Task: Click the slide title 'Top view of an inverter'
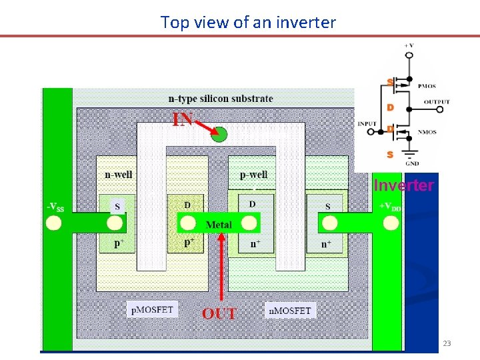point(248,23)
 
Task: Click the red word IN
point(183,119)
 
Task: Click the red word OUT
point(219,313)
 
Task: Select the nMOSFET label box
point(290,310)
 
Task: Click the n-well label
point(119,175)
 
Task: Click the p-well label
point(253,175)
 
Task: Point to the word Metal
point(219,225)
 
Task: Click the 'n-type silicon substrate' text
point(221,99)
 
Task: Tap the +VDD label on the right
point(390,206)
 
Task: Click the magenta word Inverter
point(403,185)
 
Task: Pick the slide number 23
point(447,343)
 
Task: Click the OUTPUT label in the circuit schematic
point(437,102)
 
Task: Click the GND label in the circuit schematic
point(413,163)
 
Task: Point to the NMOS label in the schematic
point(426,132)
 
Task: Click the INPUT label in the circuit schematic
point(367,124)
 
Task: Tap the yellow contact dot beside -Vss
point(52,223)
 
